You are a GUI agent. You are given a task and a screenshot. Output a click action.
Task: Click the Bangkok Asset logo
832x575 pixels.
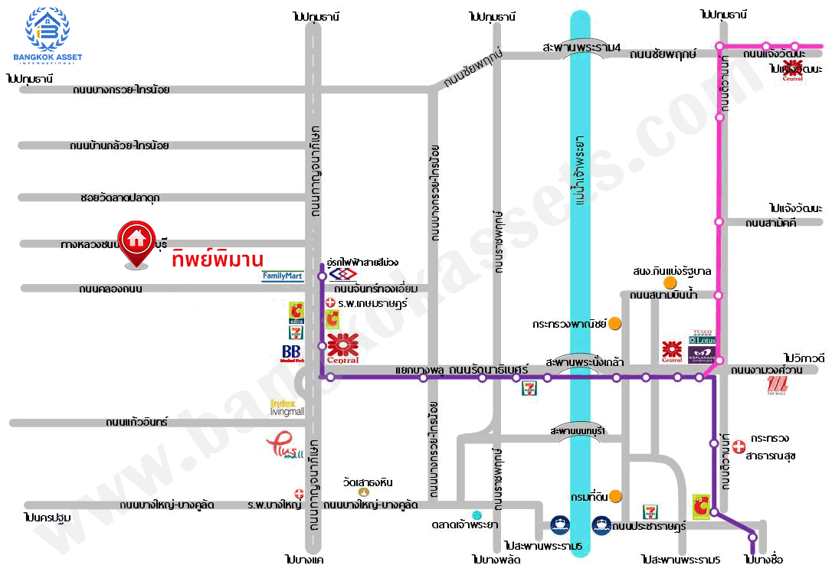pos(47,35)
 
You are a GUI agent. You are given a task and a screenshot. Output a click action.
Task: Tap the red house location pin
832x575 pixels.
pos(137,243)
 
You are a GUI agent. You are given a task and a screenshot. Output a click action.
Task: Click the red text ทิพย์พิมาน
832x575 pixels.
pos(218,258)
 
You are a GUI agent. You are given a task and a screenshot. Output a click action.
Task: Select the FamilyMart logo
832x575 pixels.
pos(283,276)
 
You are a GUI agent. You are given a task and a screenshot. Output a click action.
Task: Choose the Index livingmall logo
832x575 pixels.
pos(287,407)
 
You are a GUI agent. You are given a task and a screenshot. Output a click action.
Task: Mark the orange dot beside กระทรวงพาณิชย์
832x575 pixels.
pos(614,323)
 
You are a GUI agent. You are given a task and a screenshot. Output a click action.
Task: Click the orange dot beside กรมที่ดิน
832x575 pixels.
pos(614,496)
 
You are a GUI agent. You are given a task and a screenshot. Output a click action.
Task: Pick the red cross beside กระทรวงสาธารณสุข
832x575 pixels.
pos(739,445)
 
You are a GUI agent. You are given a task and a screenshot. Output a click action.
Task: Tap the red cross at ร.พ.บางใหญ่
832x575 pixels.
pos(299,494)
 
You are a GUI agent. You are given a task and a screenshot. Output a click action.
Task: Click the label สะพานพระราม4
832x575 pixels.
pos(581,47)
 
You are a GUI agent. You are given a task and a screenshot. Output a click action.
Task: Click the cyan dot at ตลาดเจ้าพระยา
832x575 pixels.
pos(477,515)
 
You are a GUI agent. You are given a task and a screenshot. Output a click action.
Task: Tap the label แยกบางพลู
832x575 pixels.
pos(420,369)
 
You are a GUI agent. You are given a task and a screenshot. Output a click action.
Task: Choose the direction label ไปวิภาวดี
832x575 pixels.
pos(804,358)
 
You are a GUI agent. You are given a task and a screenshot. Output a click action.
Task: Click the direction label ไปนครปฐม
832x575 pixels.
pos(47,518)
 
